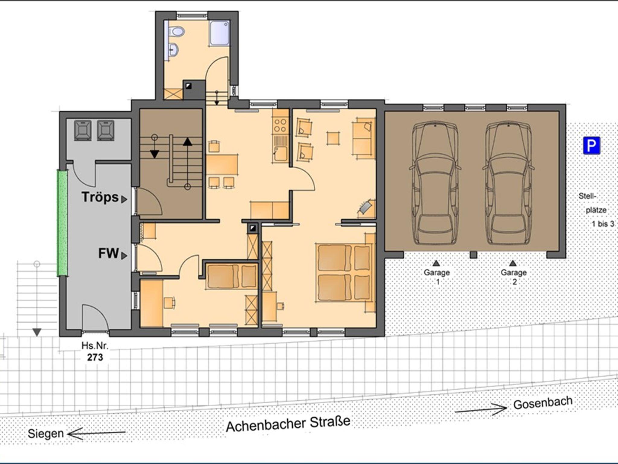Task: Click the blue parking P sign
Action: click(591, 146)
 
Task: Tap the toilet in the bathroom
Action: click(176, 31)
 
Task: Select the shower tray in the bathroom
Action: click(219, 33)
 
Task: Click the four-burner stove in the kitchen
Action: click(280, 125)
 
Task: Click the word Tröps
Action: click(100, 197)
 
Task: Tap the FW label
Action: click(108, 253)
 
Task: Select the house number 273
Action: click(95, 357)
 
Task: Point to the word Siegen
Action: click(46, 434)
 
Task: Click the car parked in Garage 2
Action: click(508, 183)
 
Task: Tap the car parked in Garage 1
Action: click(435, 183)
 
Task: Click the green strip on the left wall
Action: click(62, 223)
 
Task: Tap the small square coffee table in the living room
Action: click(333, 138)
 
